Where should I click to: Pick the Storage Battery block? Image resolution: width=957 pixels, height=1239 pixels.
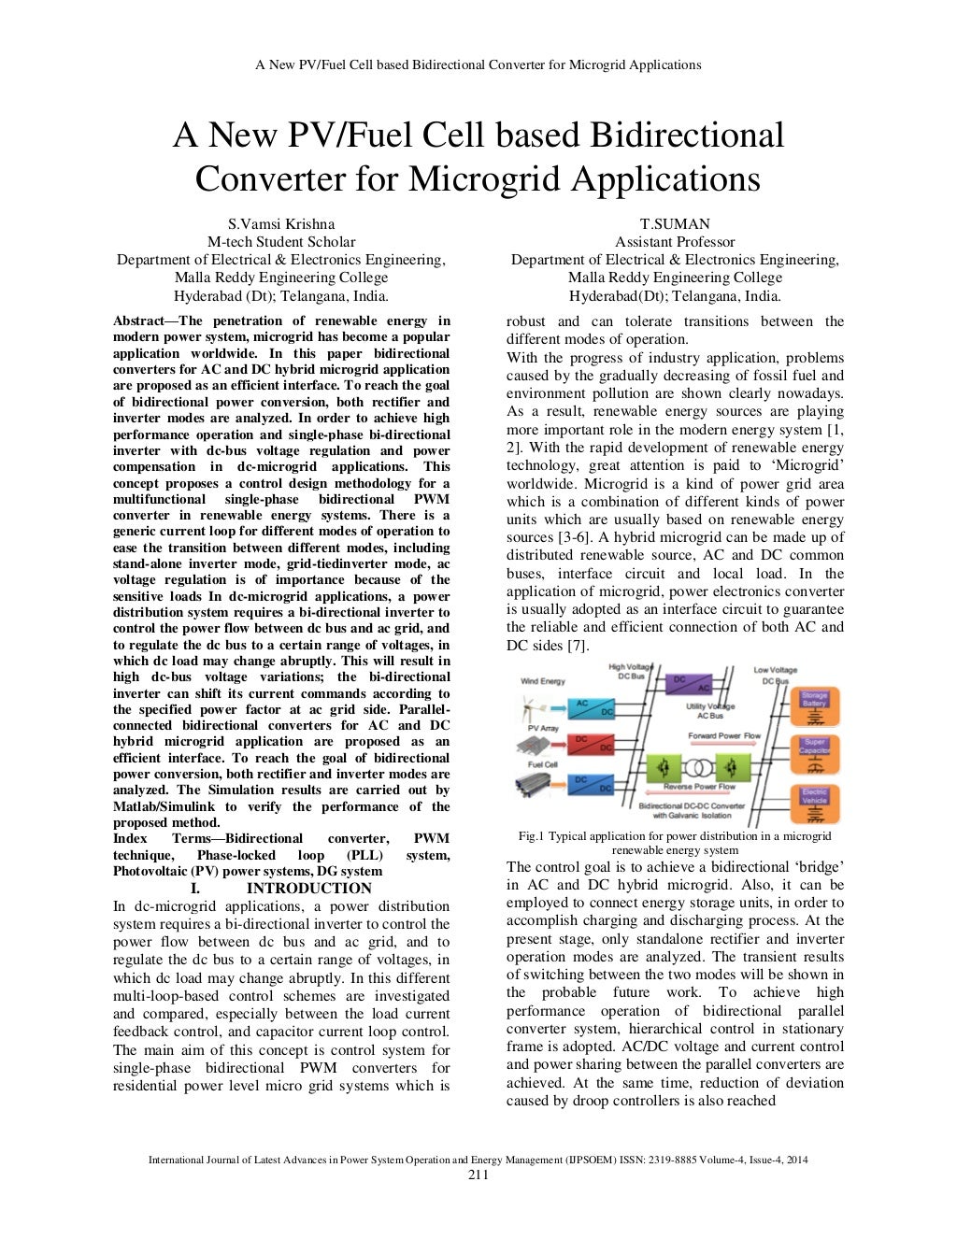814,706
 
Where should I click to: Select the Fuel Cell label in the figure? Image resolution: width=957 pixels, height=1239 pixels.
543,764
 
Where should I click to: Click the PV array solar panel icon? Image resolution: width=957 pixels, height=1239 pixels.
537,745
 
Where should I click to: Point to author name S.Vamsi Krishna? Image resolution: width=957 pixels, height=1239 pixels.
281,223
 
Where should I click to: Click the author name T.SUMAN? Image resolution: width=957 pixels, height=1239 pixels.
675,223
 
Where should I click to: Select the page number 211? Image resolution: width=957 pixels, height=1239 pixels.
478,1175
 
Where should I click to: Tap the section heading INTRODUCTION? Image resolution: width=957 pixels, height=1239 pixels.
308,888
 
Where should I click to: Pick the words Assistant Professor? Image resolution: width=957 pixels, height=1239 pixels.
675,241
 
